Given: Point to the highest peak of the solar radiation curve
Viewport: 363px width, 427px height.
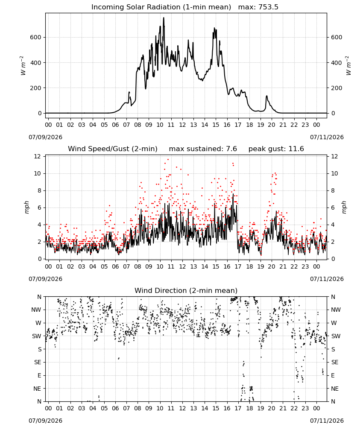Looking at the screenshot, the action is point(164,18).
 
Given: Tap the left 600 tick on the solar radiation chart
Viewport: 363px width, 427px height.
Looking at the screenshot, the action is point(36,37).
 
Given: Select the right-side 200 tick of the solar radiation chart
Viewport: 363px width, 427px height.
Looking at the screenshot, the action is point(337,88).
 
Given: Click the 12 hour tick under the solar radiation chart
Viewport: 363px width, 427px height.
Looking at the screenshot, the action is point(182,125).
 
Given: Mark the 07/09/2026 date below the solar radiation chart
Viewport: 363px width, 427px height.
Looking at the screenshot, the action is point(45,137).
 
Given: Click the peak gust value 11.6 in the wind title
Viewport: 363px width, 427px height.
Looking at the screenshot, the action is point(296,149).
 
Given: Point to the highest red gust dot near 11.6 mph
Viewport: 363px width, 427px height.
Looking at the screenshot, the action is point(168,160).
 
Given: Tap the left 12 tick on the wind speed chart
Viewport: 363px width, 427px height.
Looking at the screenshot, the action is point(37,156).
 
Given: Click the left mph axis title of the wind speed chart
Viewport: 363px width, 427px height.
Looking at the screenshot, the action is point(26,207).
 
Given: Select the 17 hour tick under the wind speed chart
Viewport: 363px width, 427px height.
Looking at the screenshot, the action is point(238,266).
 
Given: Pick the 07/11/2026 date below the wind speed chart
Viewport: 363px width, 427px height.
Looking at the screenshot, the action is point(327,279).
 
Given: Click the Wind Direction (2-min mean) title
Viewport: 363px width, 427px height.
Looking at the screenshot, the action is point(186,290).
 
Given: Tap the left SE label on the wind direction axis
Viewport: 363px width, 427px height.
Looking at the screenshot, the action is point(38,362).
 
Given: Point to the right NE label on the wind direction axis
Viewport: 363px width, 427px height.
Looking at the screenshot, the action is point(335,389).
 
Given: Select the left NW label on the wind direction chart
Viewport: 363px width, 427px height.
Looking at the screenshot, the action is point(36,310).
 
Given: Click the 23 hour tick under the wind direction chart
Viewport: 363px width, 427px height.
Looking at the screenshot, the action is point(305,408).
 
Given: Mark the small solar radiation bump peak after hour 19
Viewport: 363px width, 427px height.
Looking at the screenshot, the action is point(266,96).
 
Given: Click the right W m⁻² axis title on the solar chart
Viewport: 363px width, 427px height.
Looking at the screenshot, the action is point(348,66).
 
